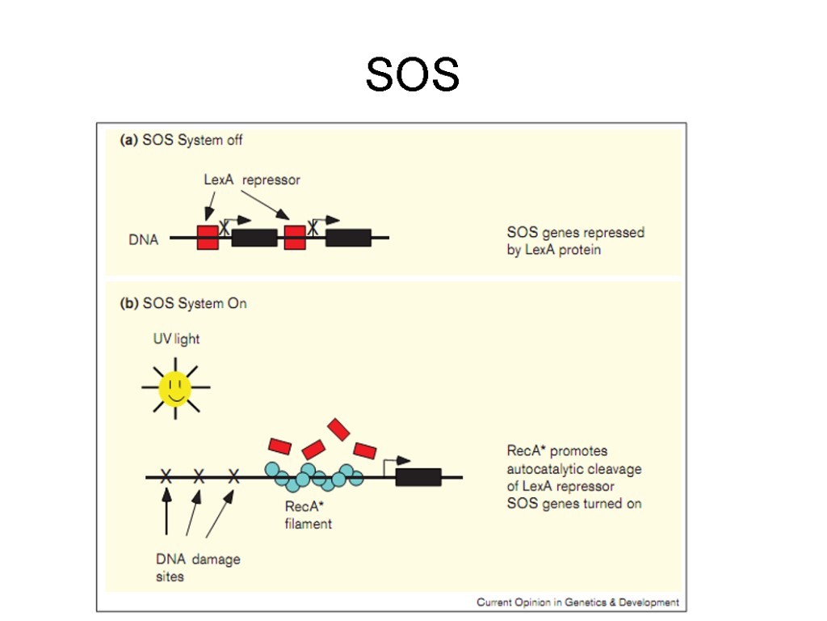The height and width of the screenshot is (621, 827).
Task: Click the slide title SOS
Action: [412, 75]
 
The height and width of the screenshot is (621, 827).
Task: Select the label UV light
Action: [176, 339]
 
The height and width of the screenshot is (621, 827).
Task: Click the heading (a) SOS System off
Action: [181, 140]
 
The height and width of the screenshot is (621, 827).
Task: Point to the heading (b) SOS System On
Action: [183, 303]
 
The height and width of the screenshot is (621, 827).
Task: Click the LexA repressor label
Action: [251, 180]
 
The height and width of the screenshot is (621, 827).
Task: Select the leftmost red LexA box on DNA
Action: [208, 237]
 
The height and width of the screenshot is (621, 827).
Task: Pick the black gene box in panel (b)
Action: [418, 477]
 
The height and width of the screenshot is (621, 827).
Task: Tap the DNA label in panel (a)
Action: [144, 239]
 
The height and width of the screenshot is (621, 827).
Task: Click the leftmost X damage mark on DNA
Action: [166, 477]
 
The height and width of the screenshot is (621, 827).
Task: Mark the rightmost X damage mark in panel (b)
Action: [234, 477]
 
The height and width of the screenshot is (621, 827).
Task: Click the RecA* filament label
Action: [308, 515]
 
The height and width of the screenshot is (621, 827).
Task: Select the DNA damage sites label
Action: [197, 568]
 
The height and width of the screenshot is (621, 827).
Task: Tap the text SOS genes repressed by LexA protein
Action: [575, 241]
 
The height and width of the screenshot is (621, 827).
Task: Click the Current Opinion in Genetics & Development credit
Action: [577, 602]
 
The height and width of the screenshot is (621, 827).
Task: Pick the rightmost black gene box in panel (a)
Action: [348, 237]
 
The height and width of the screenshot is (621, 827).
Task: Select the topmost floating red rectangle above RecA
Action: [338, 429]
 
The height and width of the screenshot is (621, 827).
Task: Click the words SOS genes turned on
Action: [574, 503]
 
